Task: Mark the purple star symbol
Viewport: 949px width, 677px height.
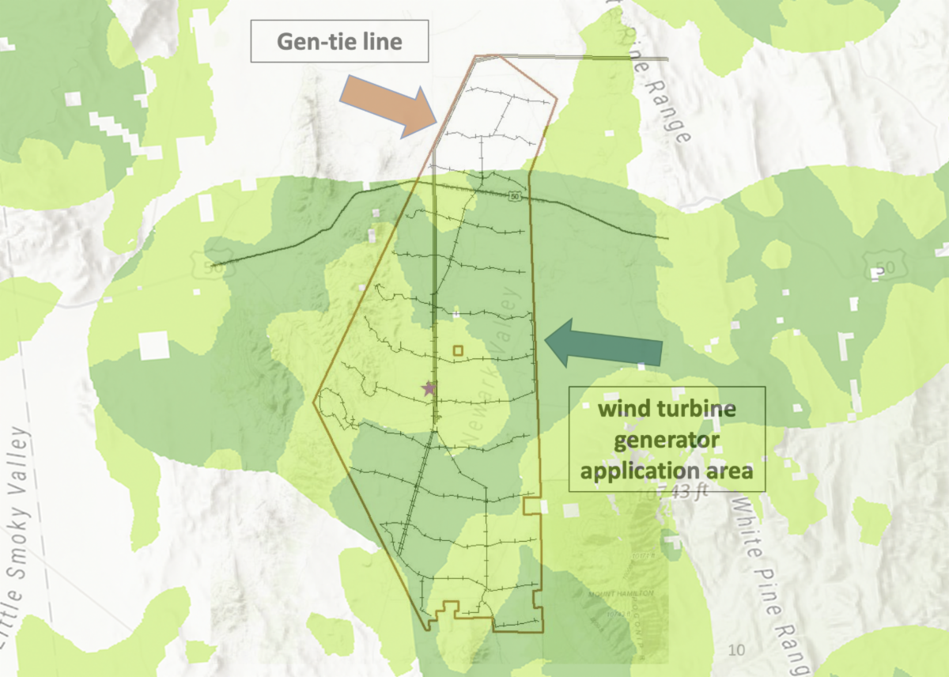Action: click(x=429, y=388)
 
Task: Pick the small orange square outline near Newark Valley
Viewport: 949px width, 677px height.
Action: click(x=457, y=350)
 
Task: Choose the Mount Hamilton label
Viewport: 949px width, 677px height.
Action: click(x=621, y=593)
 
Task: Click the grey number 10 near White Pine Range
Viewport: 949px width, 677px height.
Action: click(x=736, y=650)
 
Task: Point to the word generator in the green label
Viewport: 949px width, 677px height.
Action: click(x=667, y=440)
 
